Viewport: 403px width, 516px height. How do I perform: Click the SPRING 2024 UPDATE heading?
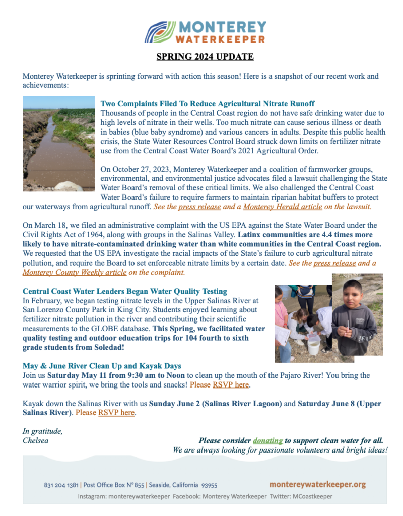(204, 56)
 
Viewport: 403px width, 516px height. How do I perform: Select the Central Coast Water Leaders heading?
(124, 291)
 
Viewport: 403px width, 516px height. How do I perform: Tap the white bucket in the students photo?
(314, 348)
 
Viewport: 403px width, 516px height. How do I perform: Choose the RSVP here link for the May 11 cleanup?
(231, 385)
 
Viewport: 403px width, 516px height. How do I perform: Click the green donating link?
(267, 440)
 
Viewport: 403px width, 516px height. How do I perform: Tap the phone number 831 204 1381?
(61, 485)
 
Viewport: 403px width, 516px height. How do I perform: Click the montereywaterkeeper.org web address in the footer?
(317, 484)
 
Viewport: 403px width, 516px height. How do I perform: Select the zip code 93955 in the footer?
(209, 485)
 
